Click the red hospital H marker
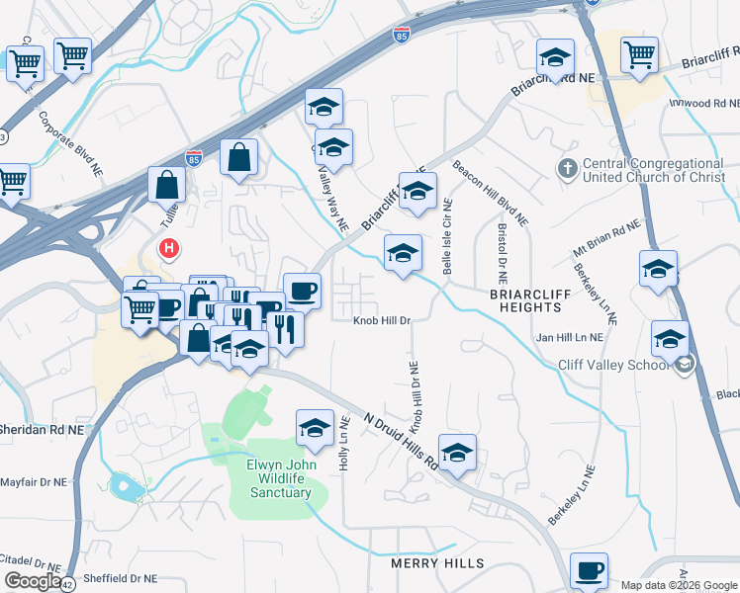[x=170, y=247]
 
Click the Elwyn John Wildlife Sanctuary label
[x=280, y=477]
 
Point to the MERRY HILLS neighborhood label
[x=437, y=563]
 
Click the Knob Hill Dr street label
[x=383, y=320]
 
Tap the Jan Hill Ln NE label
[x=570, y=338]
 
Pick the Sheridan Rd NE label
[x=42, y=432]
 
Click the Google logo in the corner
[x=32, y=580]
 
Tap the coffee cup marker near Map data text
[x=591, y=570]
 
